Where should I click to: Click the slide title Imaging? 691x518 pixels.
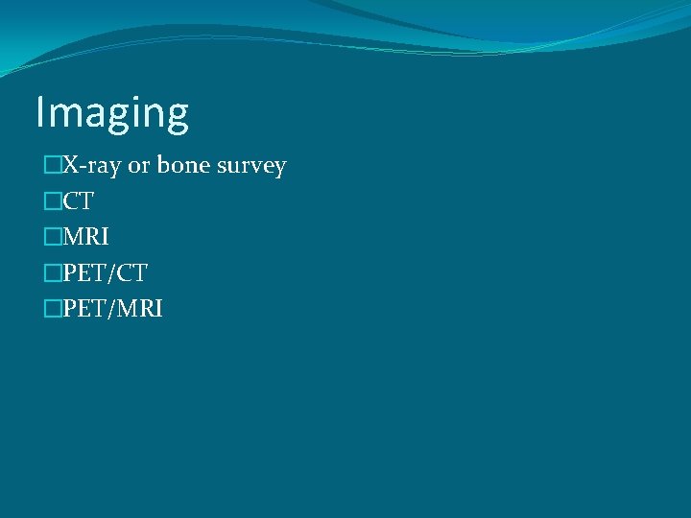pos(112,113)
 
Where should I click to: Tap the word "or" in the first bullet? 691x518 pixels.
pos(140,166)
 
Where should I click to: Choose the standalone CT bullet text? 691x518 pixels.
pos(78,201)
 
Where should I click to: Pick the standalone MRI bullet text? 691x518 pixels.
pos(85,237)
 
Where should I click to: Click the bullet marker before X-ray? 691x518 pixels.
pos(52,166)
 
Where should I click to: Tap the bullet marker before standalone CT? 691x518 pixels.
pos(52,201)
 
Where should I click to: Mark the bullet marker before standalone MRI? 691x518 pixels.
pos(52,237)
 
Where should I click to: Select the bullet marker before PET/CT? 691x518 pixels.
pos(52,272)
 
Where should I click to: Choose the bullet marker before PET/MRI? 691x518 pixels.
pos(52,308)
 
